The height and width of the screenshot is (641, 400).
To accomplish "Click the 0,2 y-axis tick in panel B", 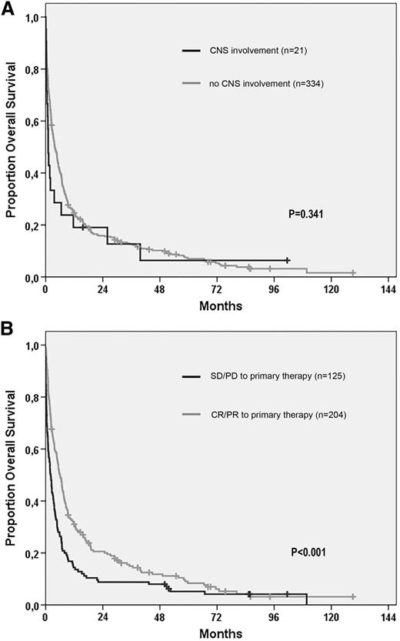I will point(31,553).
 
